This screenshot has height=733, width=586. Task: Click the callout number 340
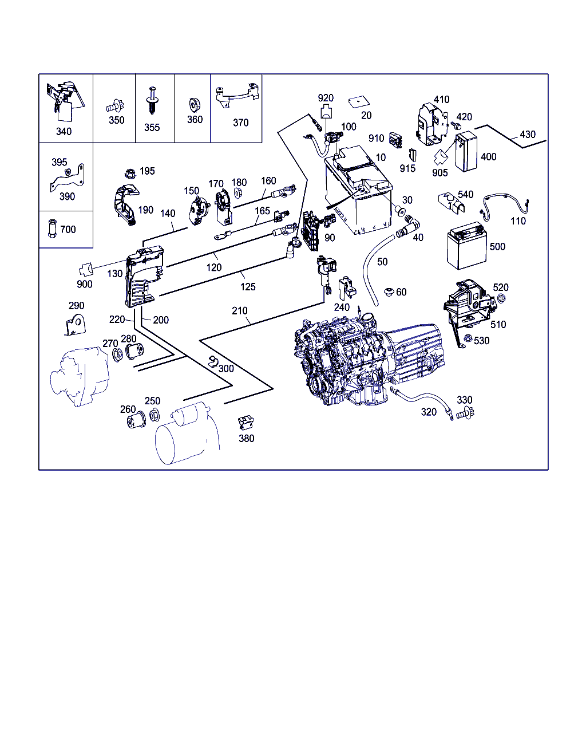coord(64,132)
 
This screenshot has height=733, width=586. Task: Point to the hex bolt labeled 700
coord(52,228)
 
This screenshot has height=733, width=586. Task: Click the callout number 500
coord(497,247)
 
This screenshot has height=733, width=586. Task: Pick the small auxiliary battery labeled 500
coord(467,245)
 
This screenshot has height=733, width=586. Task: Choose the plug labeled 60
coord(389,292)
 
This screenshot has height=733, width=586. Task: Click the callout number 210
coord(240,310)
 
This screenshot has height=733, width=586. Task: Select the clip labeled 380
coord(246,423)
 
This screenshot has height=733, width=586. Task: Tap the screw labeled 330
coord(465,413)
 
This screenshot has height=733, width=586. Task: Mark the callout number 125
coord(248,287)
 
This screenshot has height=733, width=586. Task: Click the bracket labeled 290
coord(75,325)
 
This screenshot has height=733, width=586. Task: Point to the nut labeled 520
coord(501,298)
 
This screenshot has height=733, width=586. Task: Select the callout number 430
coord(528,135)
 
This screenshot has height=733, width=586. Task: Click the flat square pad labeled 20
coord(359,102)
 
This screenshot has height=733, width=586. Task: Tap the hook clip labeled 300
coord(213,361)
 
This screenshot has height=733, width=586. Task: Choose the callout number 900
coord(85,284)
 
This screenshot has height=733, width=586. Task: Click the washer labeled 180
coord(238,193)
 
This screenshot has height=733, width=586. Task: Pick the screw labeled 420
coord(456,125)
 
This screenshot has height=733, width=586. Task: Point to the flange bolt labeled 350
coord(115,107)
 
